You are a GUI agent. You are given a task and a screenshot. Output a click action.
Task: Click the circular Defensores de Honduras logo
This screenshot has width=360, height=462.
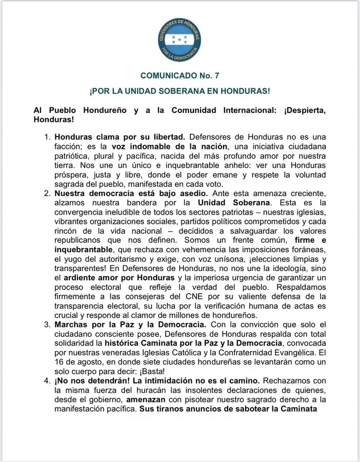(x=179, y=38)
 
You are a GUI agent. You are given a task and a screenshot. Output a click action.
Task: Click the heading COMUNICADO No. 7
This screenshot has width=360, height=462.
(x=179, y=76)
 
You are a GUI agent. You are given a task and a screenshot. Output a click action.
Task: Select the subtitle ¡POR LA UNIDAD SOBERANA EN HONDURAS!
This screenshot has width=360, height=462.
(x=179, y=91)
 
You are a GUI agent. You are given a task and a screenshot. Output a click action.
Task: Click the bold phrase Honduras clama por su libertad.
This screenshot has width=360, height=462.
(x=119, y=138)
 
